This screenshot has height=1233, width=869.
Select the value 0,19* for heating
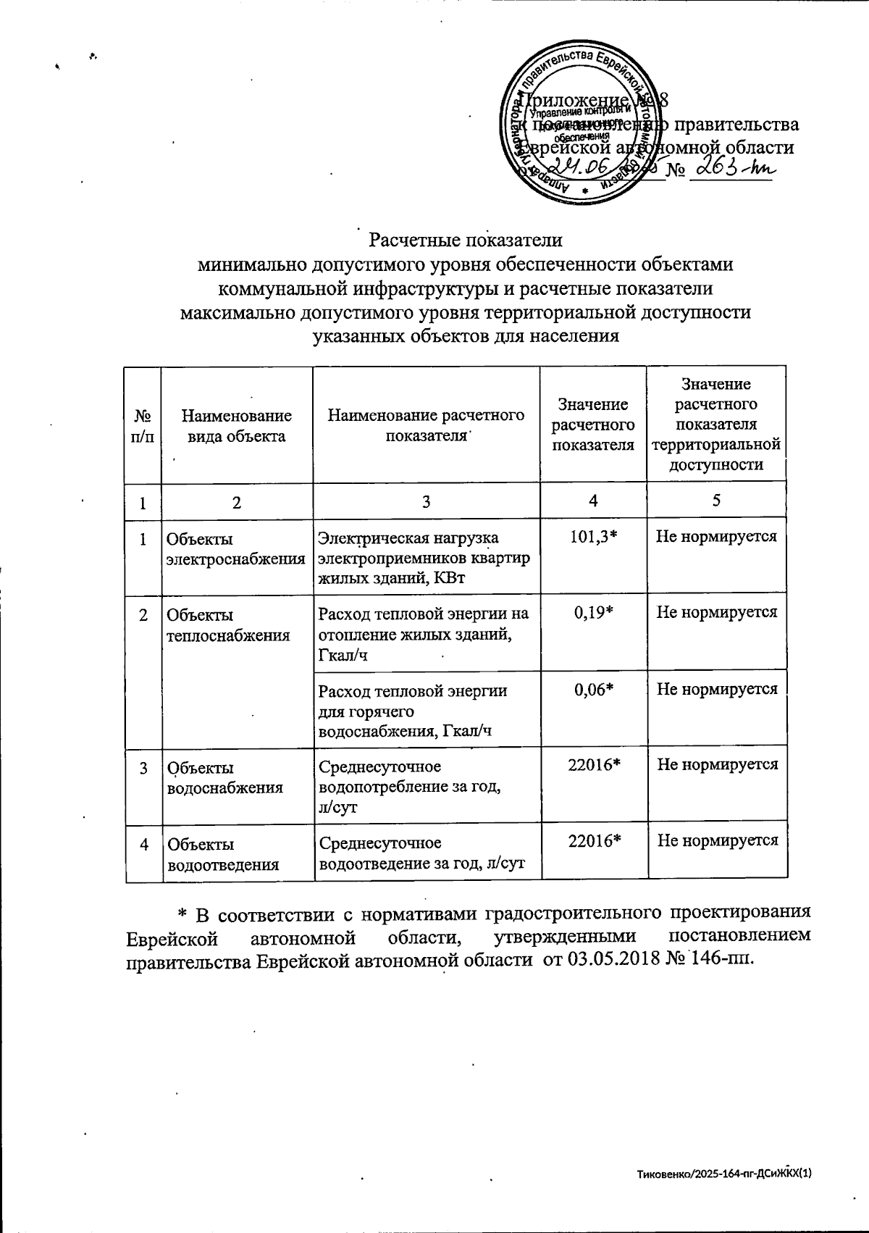tap(594, 612)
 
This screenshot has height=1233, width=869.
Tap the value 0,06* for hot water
tap(594, 689)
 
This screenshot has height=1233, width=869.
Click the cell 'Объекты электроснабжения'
tap(236, 549)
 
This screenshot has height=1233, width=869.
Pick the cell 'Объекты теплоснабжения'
tap(229, 625)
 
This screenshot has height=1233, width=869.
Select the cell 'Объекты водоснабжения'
tap(224, 777)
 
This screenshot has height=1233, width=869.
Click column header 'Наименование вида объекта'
tap(236, 425)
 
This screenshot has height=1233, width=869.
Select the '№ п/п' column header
tap(143, 425)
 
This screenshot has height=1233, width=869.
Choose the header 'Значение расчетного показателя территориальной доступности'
tap(716, 425)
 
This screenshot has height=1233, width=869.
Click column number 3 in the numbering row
tap(426, 501)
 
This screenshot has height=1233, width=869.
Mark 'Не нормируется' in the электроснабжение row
tap(716, 537)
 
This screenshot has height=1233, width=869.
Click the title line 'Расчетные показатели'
tap(466, 240)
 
